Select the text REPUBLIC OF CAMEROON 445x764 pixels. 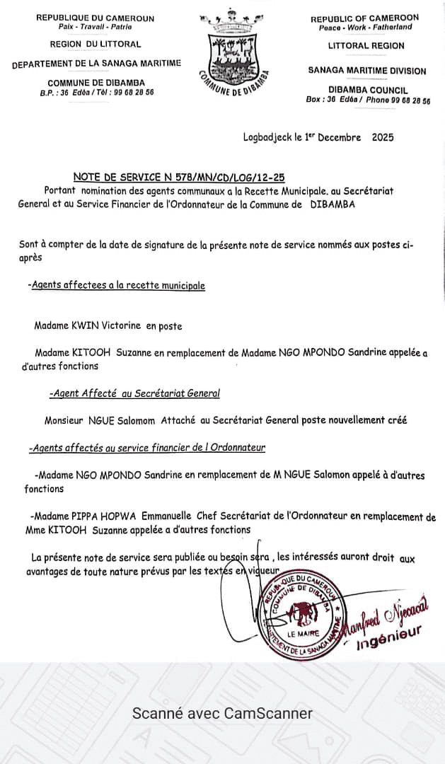click(364, 18)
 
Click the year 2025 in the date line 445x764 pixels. click(383, 137)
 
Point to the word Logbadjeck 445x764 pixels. click(267, 137)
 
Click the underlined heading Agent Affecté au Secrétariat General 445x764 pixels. click(134, 393)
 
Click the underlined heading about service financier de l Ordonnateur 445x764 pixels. click(148, 448)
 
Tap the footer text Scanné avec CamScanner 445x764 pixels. click(222, 713)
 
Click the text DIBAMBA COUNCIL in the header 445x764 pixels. click(367, 91)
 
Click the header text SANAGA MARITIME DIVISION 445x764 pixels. click(367, 71)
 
